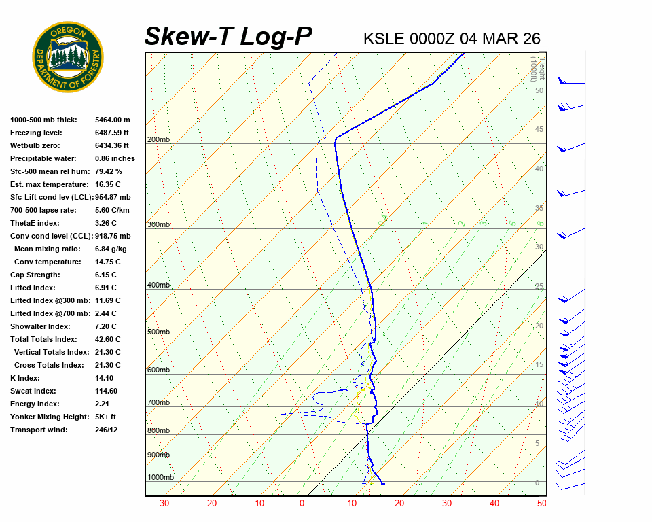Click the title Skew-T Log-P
[228, 37]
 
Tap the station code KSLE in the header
[384, 39]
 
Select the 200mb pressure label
[158, 140]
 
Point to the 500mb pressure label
[158, 332]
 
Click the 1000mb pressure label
[160, 478]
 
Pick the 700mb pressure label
[158, 403]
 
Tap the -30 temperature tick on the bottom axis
[163, 504]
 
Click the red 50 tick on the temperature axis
[541, 504]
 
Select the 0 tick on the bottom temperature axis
[302, 504]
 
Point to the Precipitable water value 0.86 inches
[115, 158]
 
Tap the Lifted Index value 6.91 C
[107, 288]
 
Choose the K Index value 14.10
[104, 378]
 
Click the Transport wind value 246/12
[107, 430]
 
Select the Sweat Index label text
[33, 391]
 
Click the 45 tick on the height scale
[539, 130]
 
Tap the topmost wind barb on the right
[570, 82]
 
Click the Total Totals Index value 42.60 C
[108, 339]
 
